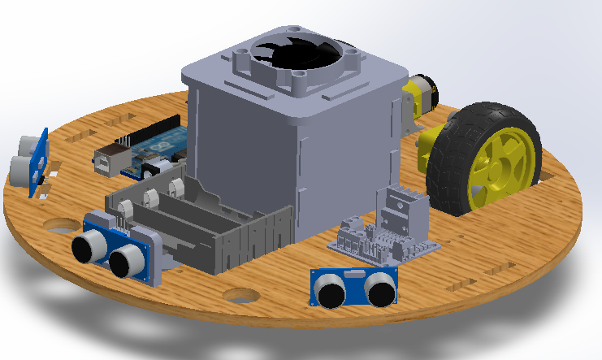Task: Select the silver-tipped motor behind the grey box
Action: click(421, 92)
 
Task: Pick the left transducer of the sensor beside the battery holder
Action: click(89, 247)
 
